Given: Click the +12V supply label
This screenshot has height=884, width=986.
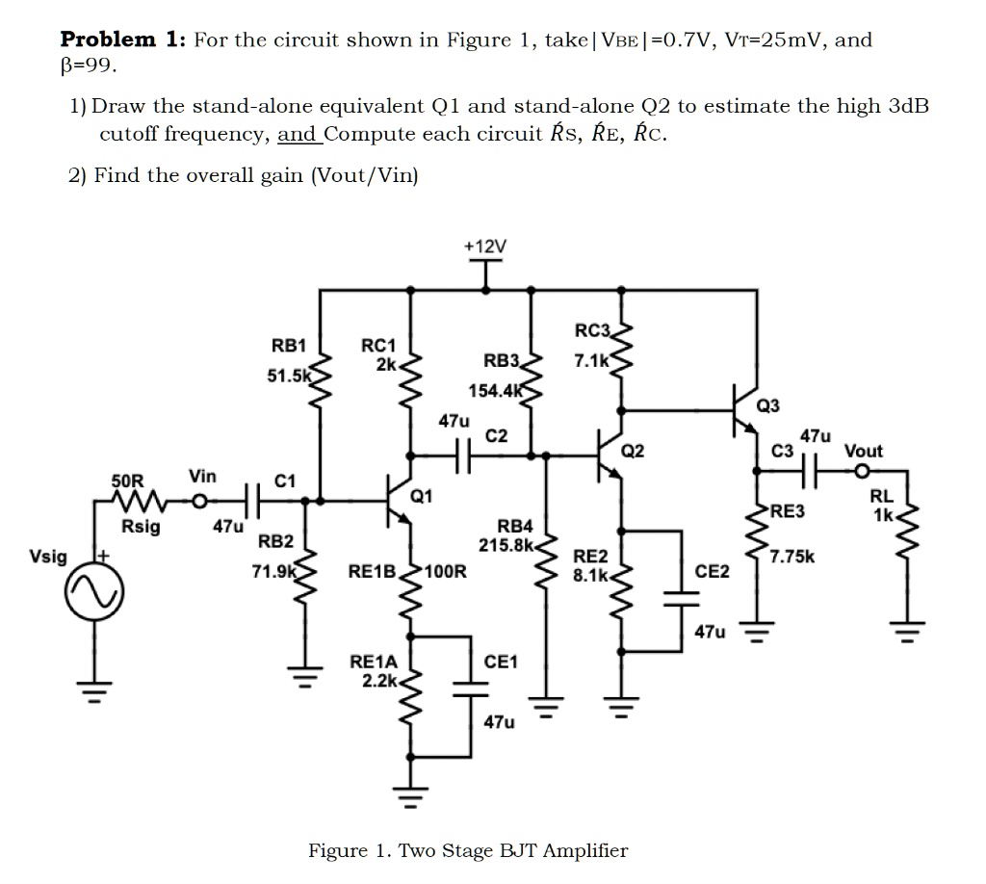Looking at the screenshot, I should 483,247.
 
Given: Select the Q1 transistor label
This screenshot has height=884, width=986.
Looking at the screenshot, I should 421,496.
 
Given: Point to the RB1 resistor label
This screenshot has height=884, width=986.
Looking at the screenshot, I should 288,346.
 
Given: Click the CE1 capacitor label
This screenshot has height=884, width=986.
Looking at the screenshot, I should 500,662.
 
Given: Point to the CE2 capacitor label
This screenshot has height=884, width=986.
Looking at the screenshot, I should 712,572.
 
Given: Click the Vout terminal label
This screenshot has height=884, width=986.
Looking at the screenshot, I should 863,451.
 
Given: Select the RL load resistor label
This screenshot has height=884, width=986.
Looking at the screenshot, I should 881,497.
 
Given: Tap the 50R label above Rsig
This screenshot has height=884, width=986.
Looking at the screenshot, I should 127,480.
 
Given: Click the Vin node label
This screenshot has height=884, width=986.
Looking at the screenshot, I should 202,477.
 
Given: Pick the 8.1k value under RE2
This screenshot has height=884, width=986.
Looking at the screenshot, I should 589,575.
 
